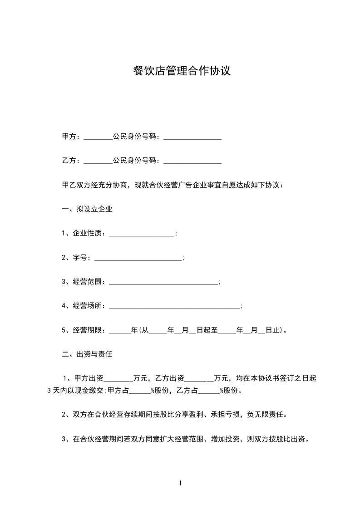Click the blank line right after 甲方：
coord(98,137)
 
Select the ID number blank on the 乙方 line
coord(192,162)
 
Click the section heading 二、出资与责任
coord(87,354)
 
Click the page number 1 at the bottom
coord(180,483)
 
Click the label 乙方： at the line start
coord(71,161)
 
